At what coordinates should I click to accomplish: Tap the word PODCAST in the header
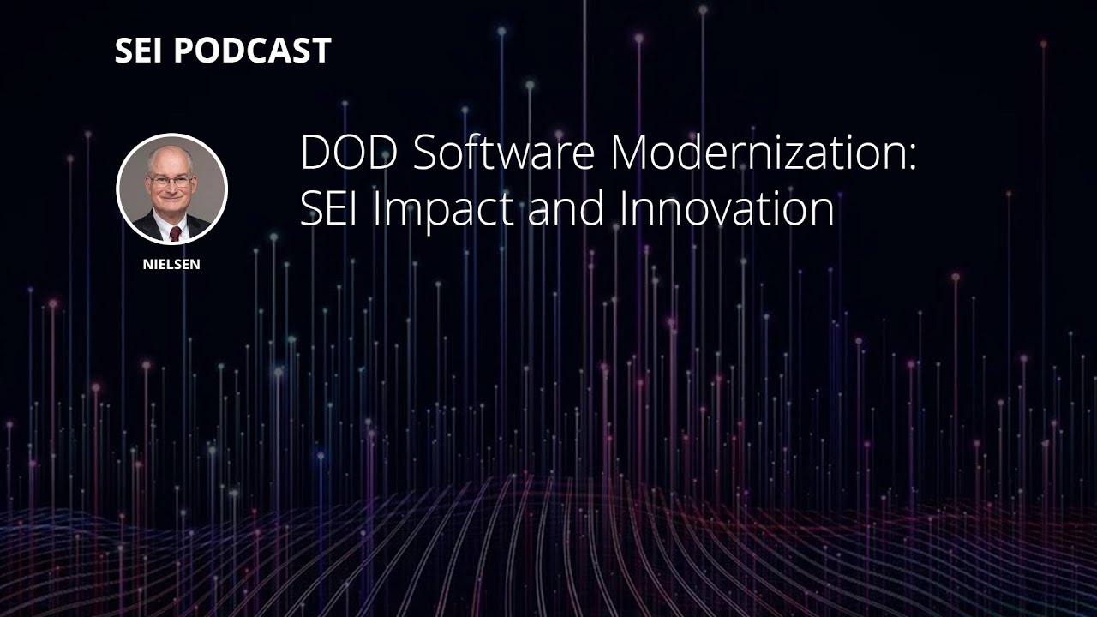tap(252, 51)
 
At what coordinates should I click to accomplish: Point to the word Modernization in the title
tap(755, 154)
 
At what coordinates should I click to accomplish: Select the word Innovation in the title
tap(727, 208)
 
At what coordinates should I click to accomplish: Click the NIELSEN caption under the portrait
tap(171, 265)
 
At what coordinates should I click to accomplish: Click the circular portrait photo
tap(171, 189)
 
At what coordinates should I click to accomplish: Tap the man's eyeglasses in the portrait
tap(170, 182)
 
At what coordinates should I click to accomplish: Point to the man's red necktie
tap(175, 233)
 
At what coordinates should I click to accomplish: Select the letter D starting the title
tap(314, 154)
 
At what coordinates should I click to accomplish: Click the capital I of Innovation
tap(623, 208)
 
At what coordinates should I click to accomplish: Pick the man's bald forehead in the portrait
tap(170, 163)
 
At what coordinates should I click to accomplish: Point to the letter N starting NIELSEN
tap(147, 265)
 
